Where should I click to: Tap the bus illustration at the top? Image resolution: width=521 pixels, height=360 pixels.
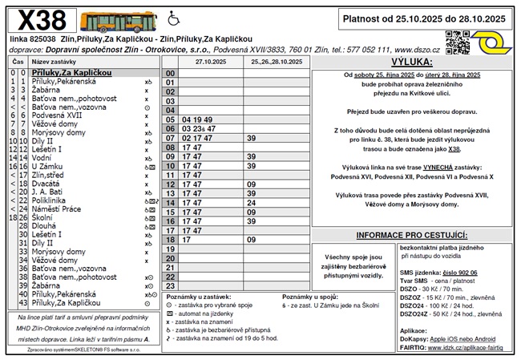pyautogui.click(x=119, y=22)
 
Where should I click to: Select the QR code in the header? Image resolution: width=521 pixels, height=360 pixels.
pyautogui.click(x=458, y=41)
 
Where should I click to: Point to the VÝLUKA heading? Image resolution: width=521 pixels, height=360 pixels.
pyautogui.click(x=411, y=62)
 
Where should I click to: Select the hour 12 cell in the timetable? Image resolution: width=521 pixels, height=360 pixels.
pyautogui.click(x=170, y=184)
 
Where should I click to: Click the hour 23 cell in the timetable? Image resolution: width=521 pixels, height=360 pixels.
pyautogui.click(x=170, y=285)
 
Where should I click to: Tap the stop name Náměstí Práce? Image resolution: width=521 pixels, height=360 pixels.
pyautogui.click(x=59, y=208)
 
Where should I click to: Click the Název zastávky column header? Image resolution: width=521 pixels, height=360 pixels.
pyautogui.click(x=55, y=61)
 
